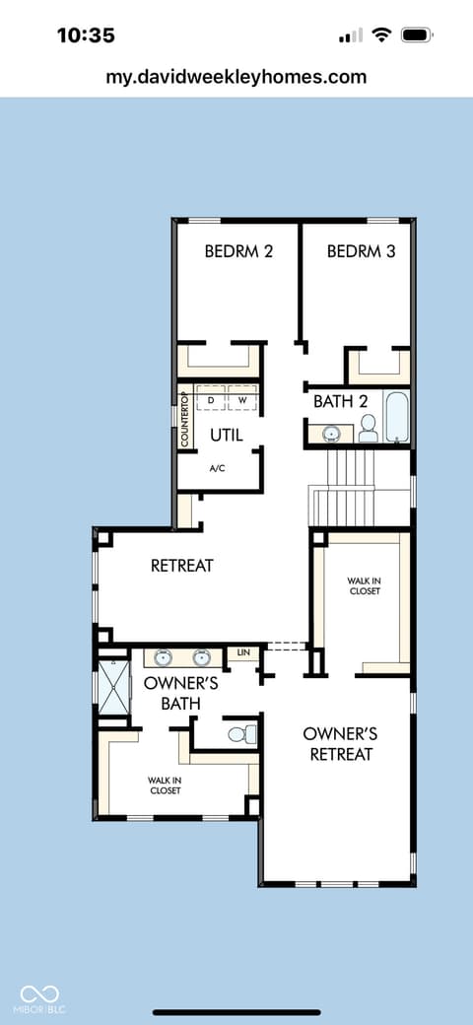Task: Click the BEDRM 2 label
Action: point(237,251)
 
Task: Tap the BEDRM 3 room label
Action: point(362,251)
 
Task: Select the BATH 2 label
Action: point(340,401)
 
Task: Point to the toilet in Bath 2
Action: point(369,428)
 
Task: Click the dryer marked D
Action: point(210,398)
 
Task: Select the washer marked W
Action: point(241,398)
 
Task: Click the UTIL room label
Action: point(227,434)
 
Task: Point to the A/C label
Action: point(218,469)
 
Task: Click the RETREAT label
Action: point(181,565)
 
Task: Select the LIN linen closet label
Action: point(243,653)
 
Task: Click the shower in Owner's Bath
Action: point(113,687)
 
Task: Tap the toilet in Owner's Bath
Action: point(241,733)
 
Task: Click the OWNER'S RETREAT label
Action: point(340,744)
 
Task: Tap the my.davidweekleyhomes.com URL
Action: point(236,77)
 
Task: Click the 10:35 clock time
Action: point(86,35)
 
